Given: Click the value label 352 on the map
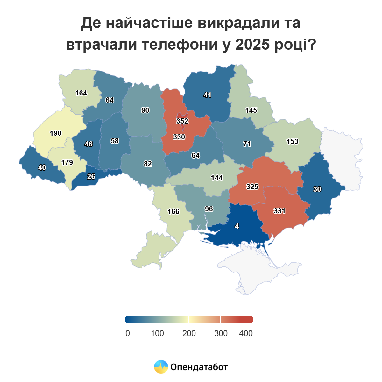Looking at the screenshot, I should (182, 121).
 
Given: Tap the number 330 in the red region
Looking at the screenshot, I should (179, 137).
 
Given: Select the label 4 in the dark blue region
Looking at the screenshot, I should (237, 226).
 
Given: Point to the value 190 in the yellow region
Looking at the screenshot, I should (56, 133).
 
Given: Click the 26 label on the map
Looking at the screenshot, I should (91, 176).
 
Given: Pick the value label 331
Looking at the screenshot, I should (279, 211).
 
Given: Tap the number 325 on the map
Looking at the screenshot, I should (252, 187).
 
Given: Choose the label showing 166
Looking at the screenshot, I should (173, 211).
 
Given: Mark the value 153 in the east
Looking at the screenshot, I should (292, 141).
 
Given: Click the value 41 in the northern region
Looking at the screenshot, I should (207, 95).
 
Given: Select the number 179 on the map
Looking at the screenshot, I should (67, 162).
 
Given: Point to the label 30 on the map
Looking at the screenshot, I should (317, 189).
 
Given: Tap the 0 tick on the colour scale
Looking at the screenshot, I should (128, 333).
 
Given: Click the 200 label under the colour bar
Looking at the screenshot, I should (189, 333).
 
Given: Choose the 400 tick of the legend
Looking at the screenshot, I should (246, 333).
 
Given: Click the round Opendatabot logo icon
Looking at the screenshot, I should (161, 367).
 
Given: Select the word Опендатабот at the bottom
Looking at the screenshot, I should (199, 367).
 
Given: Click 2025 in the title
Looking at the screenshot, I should (252, 45).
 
